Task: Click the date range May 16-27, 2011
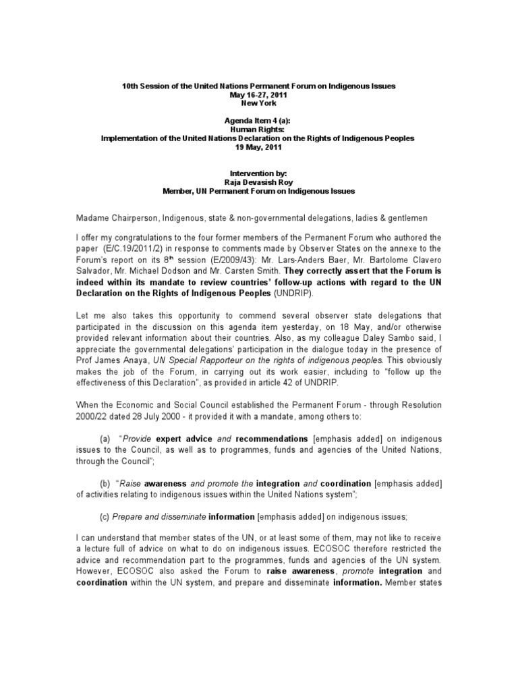(x=258, y=95)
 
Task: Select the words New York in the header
(x=258, y=103)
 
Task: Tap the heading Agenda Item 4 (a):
(x=258, y=120)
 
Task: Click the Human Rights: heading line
(x=258, y=129)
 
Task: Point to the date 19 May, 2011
(x=258, y=146)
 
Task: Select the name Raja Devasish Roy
(x=258, y=182)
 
